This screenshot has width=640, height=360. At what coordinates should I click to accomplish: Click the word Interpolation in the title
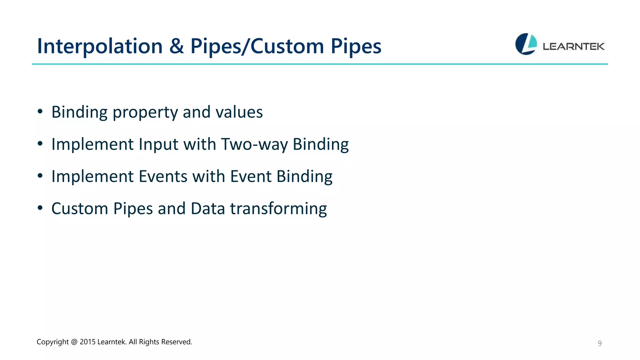[100, 46]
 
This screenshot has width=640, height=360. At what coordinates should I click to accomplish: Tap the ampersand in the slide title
[177, 46]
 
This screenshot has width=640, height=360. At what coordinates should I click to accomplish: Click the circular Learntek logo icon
[526, 44]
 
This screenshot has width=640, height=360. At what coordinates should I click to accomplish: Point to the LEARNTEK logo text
[573, 47]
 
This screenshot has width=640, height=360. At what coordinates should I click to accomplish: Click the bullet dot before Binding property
[40, 112]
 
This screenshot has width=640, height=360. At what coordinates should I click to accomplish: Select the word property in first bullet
[145, 112]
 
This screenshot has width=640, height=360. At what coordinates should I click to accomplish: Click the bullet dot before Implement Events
[40, 176]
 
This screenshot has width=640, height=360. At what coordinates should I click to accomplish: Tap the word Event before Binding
[251, 176]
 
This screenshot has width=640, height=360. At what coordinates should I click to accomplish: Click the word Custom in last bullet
[80, 208]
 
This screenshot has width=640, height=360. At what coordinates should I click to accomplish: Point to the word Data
[207, 208]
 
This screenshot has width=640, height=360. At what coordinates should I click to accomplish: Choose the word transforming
[278, 209]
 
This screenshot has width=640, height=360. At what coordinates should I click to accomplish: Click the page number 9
[599, 343]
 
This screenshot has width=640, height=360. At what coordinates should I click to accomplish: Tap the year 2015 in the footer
[87, 342]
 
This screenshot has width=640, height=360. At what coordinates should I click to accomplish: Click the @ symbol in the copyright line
[74, 342]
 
